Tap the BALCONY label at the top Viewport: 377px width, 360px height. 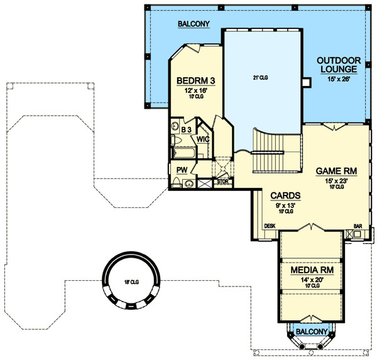[193, 25]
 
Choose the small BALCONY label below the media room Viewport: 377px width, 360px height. [311, 331]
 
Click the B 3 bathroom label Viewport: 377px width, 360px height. [186, 129]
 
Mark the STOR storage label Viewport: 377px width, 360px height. [222, 182]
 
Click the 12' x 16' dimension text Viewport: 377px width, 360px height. [196, 90]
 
